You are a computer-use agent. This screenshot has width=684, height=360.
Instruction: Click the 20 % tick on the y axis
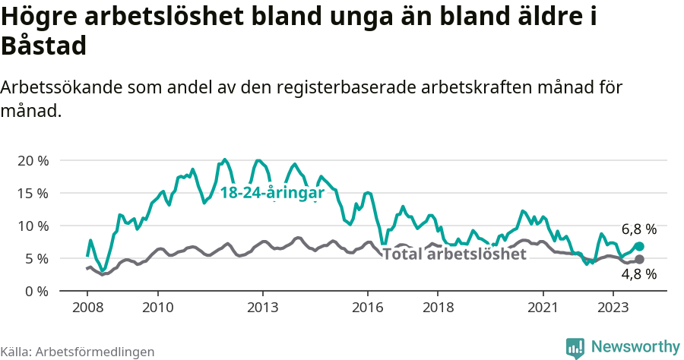point(33,161)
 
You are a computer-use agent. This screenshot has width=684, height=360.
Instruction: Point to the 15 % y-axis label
point(33,194)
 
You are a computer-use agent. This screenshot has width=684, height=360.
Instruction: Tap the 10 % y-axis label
point(33,226)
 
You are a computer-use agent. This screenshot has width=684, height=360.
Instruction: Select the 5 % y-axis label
point(36,259)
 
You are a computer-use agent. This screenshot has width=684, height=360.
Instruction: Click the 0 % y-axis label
point(36,292)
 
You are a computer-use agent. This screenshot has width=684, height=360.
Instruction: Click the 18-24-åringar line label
point(272,193)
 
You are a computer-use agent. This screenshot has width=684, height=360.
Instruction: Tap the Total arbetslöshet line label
point(454,254)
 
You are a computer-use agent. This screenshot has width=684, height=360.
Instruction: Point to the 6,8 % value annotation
point(638,229)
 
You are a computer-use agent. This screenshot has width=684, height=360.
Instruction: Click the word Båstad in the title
point(44,47)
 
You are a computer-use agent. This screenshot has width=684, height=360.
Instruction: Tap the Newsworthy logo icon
point(575,347)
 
